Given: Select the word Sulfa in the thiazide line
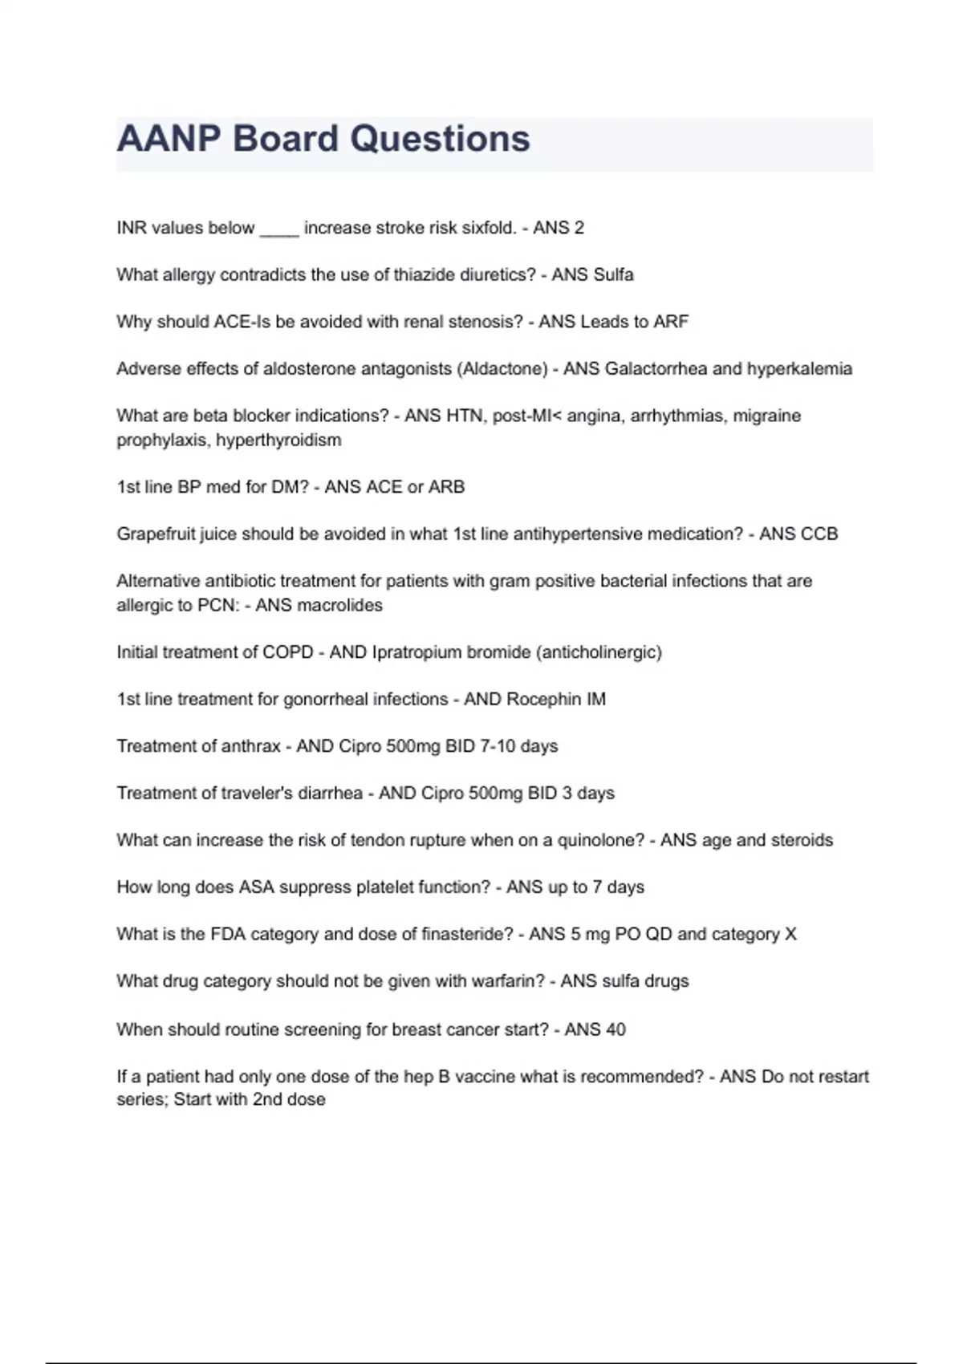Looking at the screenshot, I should point(613,275).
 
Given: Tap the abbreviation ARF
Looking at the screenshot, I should point(671,322).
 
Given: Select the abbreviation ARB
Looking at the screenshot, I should point(446,487).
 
